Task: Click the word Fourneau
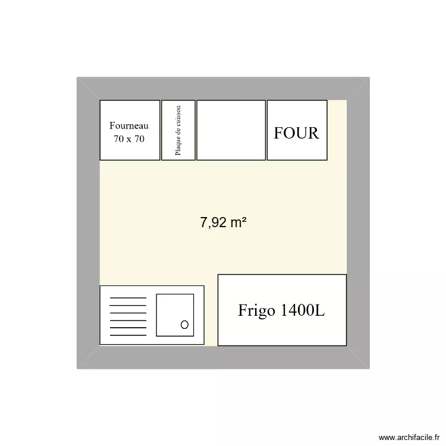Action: pos(129,125)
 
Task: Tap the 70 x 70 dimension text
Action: pos(129,139)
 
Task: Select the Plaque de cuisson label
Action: pos(178,131)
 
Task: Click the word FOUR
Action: pos(296,133)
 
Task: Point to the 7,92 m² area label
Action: pos(224,223)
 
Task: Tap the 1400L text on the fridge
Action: pos(303,310)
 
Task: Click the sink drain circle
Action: pos(184,324)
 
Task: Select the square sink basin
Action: pos(175,315)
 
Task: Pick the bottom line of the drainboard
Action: pos(128,334)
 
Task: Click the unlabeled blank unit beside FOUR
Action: pos(231,130)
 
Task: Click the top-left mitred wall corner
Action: pos(88,89)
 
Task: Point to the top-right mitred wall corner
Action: pos(358,89)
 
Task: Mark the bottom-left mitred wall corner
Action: pos(88,357)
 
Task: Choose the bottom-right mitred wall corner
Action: pos(358,357)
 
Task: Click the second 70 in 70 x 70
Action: pos(139,139)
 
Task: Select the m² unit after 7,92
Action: pos(238,222)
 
